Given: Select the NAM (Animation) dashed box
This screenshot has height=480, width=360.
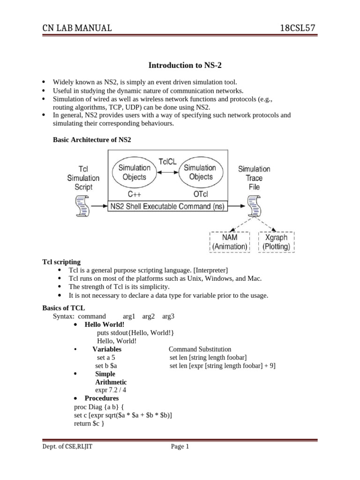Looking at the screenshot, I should pos(230,242).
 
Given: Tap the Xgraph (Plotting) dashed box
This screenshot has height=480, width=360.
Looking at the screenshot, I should pos(276,242).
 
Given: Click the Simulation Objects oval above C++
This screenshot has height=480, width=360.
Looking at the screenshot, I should pos(135,172).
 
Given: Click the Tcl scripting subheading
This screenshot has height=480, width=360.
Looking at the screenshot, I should pos(61,262).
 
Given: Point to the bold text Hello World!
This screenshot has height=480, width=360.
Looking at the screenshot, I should pos(105,324).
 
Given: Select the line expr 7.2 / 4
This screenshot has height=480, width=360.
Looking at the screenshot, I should pos(111,390).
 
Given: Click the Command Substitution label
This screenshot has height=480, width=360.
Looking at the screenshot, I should pos(200,349).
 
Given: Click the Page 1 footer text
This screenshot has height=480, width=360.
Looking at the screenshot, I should pos(180,447).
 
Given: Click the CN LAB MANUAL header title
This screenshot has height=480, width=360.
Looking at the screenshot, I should pos(77,29).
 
